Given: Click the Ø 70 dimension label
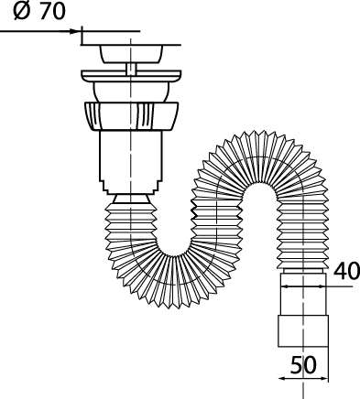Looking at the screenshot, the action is point(39,12).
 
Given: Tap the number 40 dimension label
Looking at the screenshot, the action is point(346,272).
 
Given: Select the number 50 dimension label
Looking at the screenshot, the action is point(303,365).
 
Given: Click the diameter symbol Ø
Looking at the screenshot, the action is point(22,12).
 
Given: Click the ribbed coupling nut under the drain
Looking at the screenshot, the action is point(131,117).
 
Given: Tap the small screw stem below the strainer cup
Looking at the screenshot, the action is point(131,70).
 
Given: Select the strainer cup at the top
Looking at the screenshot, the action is point(131,54).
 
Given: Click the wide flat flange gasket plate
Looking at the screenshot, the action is point(131,76).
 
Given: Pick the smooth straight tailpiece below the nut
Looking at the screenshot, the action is point(131,156).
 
